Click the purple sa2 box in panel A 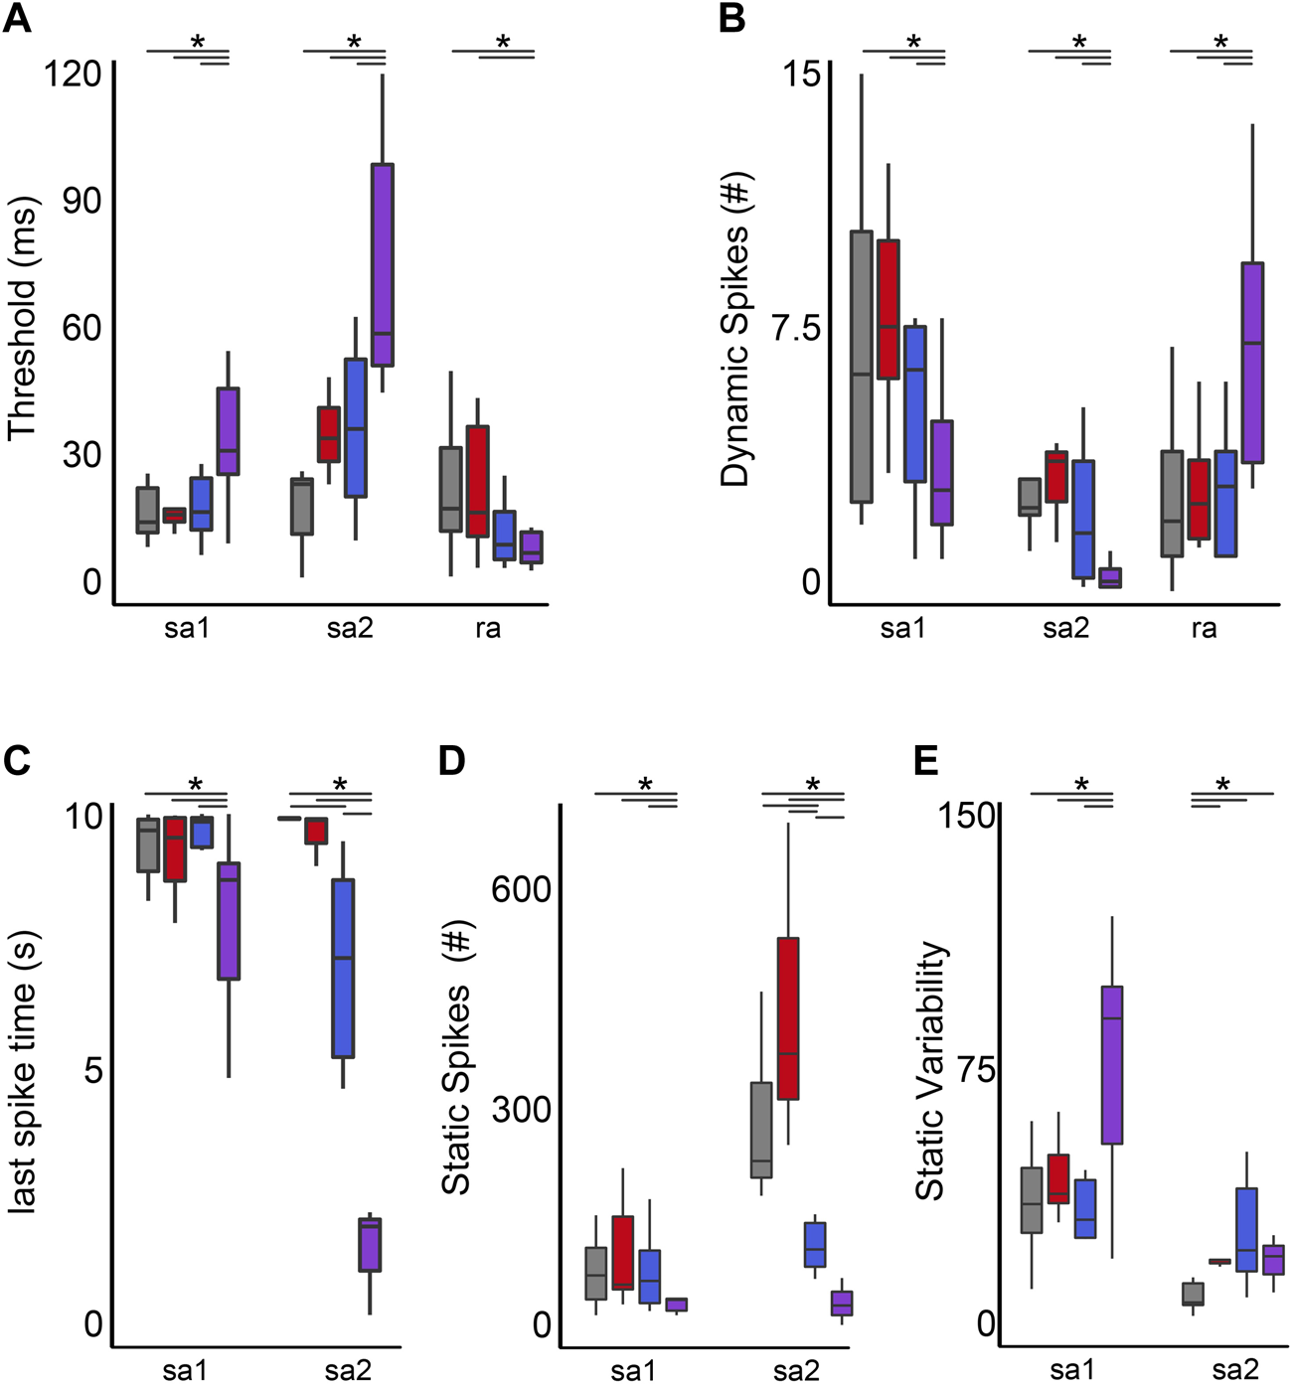click(x=383, y=265)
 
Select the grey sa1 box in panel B click(x=861, y=367)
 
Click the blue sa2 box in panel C click(x=343, y=968)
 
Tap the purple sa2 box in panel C click(x=370, y=1244)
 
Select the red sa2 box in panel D click(x=788, y=1018)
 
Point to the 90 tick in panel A click(x=81, y=201)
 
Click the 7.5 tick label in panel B click(x=797, y=328)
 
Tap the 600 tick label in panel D click(x=521, y=889)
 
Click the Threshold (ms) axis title click(x=22, y=320)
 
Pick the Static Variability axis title click(x=930, y=1071)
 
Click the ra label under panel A click(x=487, y=629)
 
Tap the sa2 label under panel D click(x=796, y=1372)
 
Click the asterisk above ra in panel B click(x=1220, y=43)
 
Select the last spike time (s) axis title click(x=22, y=1070)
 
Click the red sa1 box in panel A click(x=174, y=515)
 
